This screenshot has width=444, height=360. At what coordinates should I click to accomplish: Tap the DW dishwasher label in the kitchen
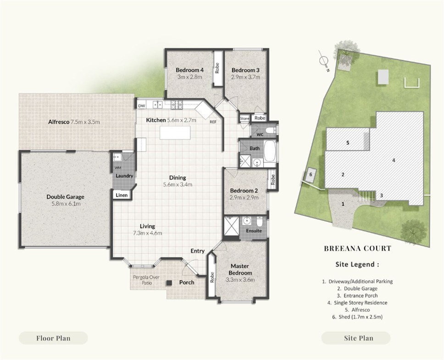point(141,106)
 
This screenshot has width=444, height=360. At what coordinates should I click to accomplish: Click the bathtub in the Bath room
point(269,150)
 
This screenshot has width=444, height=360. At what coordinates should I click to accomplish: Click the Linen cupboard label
point(122,195)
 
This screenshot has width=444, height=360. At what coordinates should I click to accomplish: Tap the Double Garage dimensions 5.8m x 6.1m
point(66,203)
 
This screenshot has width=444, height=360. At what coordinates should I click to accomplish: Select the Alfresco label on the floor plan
point(59,122)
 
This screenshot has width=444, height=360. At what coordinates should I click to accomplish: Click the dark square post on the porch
point(169,282)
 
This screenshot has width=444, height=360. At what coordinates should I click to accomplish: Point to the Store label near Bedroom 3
point(244,118)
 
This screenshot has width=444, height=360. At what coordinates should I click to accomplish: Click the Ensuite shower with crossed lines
point(232,226)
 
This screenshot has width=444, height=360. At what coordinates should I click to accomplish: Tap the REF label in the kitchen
point(213,122)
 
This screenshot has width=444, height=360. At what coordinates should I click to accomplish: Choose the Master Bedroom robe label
point(212,277)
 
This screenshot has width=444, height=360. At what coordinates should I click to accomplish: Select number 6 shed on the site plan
point(311,174)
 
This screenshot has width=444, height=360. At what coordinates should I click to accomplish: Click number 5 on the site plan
point(348,143)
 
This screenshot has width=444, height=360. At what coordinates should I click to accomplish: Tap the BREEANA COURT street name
point(357,248)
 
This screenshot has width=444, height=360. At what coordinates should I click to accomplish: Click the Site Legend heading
point(357,264)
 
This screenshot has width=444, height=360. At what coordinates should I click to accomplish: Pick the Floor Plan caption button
point(53,338)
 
